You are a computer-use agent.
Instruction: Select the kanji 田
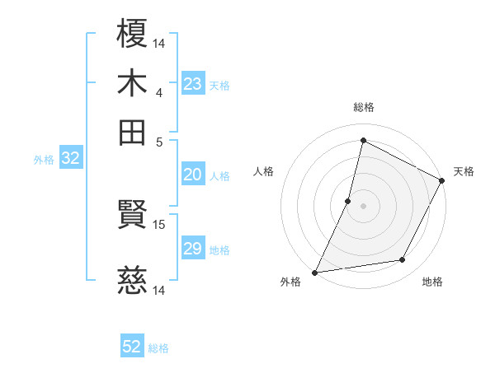[x=133, y=132]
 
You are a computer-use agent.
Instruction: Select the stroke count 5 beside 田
[x=159, y=141]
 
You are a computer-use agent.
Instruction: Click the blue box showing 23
[x=192, y=84]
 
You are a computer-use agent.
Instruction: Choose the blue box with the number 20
[x=192, y=175]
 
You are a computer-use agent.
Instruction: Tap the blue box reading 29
[x=192, y=249]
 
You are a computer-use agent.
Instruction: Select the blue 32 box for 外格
[x=70, y=159]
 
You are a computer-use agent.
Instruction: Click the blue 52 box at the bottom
[x=132, y=347]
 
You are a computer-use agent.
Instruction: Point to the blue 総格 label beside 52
[x=158, y=348]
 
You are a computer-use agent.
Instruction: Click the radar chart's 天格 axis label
[x=464, y=171]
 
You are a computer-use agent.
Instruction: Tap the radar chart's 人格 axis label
[x=263, y=171]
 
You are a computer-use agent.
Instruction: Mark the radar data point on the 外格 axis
[x=314, y=272]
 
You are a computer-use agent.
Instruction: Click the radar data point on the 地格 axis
[x=403, y=260]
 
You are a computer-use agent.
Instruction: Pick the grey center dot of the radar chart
[x=363, y=205]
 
